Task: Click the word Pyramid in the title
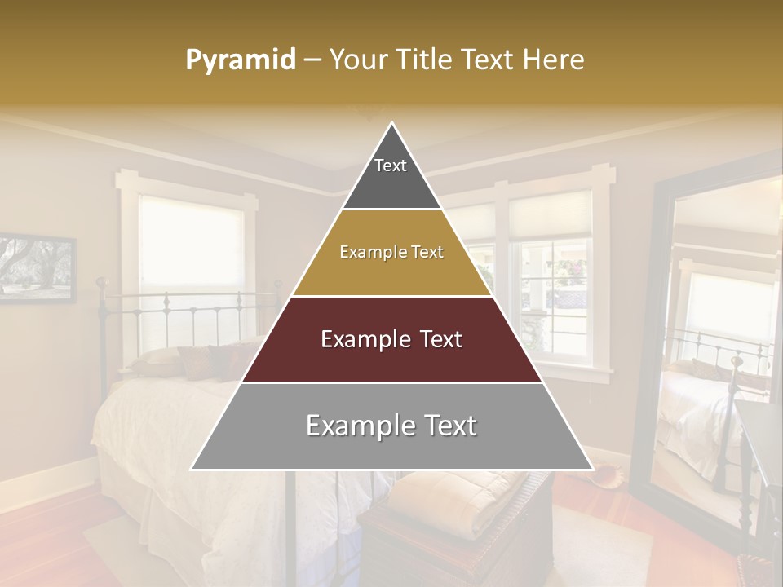click(x=240, y=60)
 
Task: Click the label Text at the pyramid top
click(x=391, y=166)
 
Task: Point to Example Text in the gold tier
click(x=391, y=252)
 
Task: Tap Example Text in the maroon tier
click(x=391, y=339)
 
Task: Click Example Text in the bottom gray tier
click(x=391, y=426)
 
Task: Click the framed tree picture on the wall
click(x=36, y=268)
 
